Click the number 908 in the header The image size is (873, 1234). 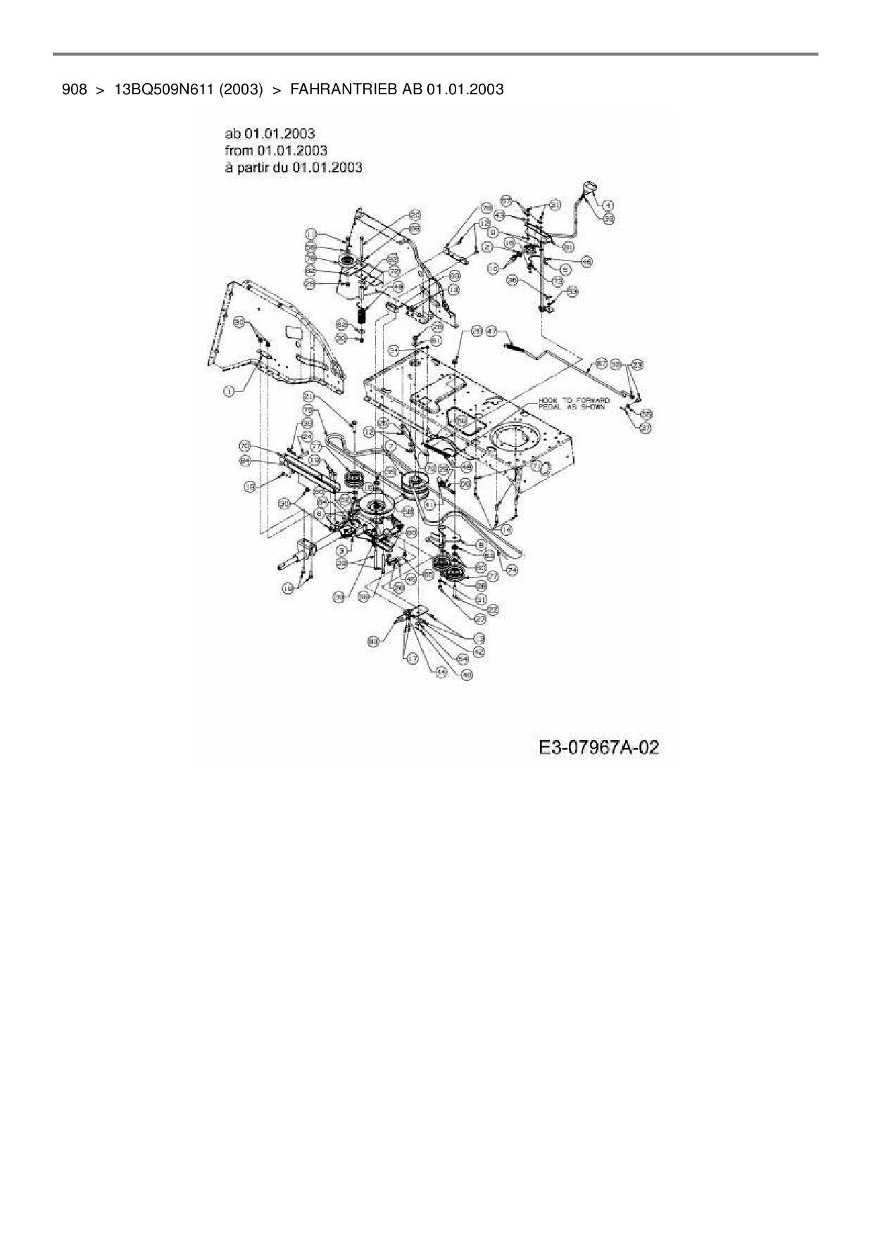pos(74,89)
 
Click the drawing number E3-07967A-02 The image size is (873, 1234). pos(598,746)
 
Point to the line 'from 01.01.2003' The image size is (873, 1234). pos(276,150)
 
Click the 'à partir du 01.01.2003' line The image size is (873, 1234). pos(294,167)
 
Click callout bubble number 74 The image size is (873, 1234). pos(511,570)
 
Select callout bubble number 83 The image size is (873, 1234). pos(373,641)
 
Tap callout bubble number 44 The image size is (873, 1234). pos(441,672)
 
